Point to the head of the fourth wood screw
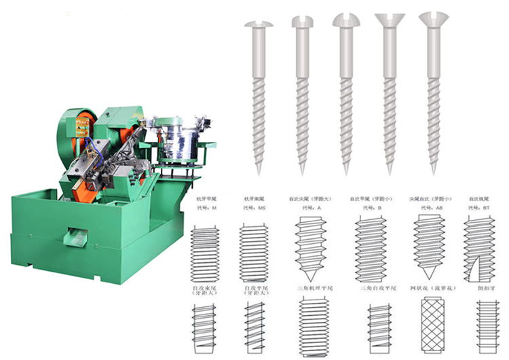(x=388, y=20)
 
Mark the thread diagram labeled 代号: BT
(x=480, y=249)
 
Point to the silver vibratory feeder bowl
(x=179, y=143)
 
